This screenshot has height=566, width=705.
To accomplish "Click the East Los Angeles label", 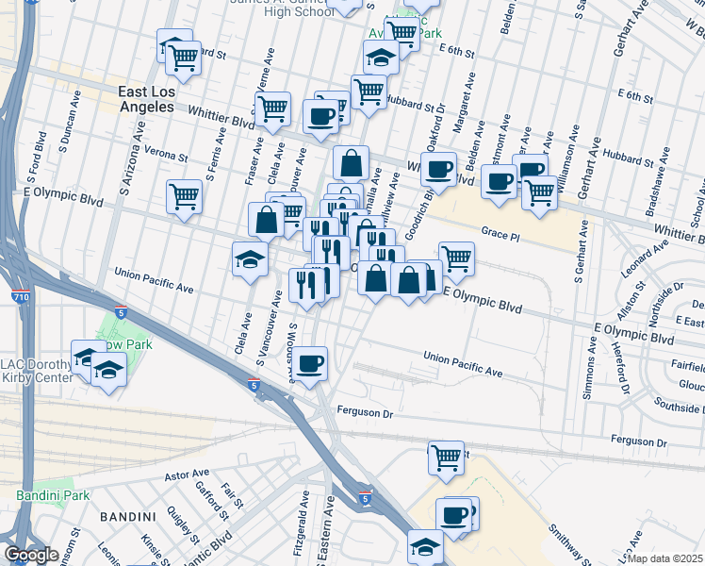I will [146, 99].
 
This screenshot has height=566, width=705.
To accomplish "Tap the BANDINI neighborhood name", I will [125, 516].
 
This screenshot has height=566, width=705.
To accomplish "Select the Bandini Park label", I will [53, 494].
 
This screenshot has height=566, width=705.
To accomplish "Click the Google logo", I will [31, 555].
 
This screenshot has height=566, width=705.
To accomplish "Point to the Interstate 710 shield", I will [20, 296].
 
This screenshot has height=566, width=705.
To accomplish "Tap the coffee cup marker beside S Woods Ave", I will [309, 362].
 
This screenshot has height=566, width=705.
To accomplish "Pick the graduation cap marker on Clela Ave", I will [250, 259].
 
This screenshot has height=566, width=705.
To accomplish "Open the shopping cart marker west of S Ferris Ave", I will [183, 196].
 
